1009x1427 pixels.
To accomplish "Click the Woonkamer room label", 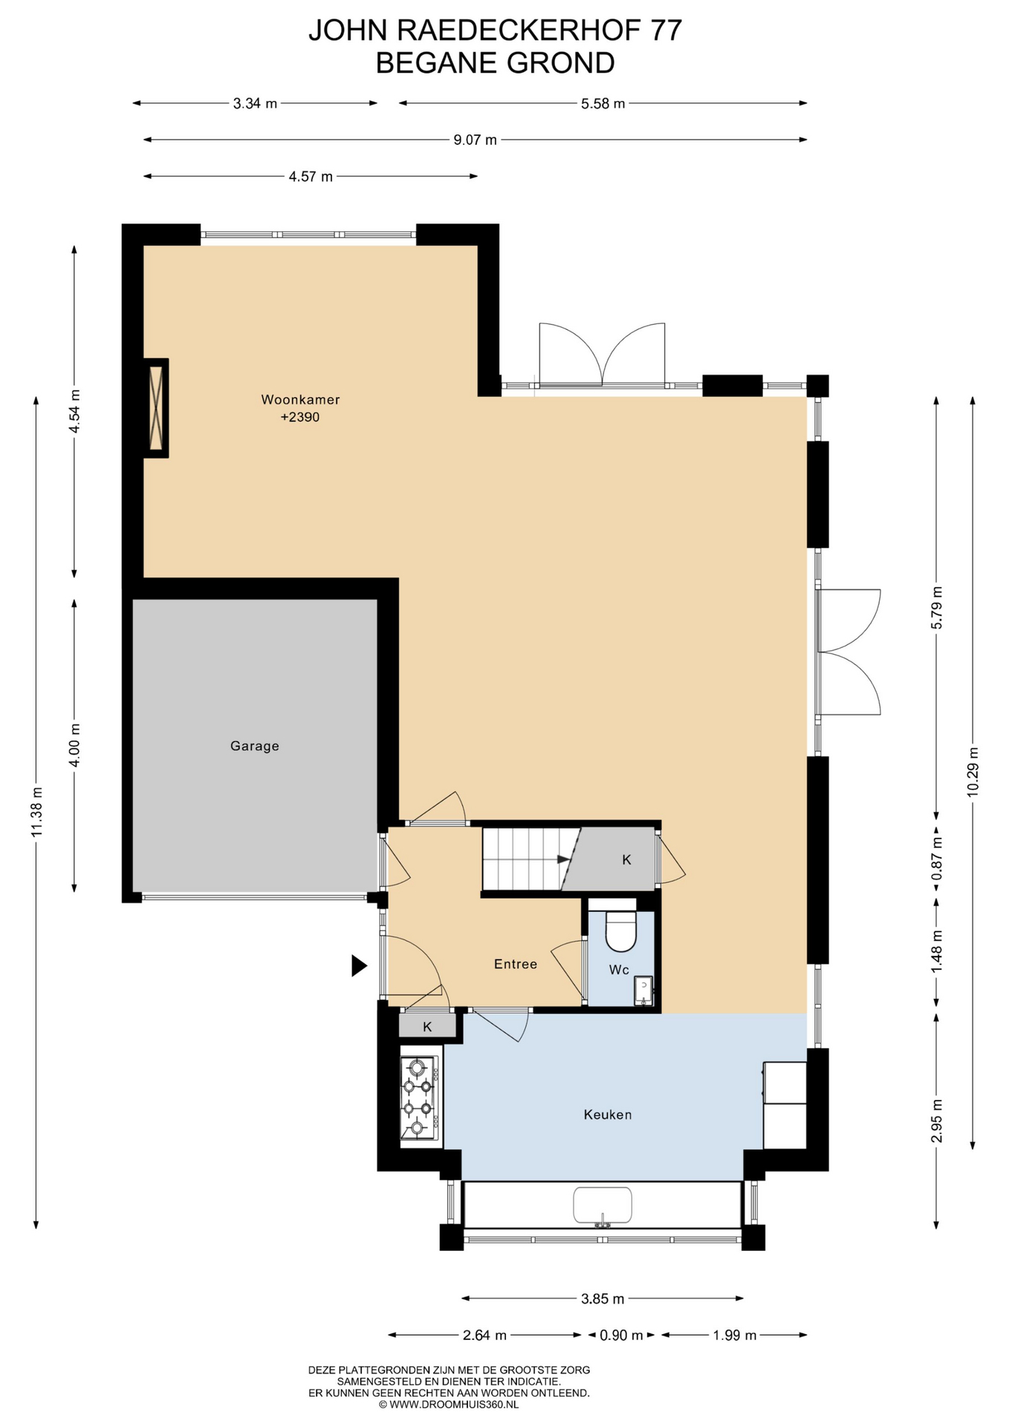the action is [300, 400].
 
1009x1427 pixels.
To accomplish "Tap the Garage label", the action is [255, 746].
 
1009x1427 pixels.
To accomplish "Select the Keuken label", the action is [608, 1115].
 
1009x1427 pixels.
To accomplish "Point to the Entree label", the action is [516, 965].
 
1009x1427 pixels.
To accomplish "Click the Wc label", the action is [619, 970].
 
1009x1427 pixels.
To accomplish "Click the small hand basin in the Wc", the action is [643, 991].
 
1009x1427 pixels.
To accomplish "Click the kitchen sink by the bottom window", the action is [603, 1205].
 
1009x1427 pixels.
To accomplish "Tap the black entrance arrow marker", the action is [359, 965].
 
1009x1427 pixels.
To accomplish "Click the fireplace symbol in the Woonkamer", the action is [156, 408].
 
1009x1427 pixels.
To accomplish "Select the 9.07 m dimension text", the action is [476, 140].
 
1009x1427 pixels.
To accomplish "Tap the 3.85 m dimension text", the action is [603, 1299].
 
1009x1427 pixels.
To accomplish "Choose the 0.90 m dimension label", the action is [621, 1336].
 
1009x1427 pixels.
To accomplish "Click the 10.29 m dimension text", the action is [973, 772].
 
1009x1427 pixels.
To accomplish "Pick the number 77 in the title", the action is [666, 30].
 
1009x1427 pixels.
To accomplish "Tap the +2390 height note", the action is [300, 418].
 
